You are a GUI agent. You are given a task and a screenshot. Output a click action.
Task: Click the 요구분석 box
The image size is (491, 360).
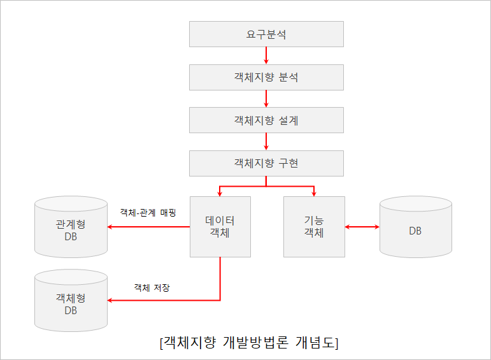point(266,34)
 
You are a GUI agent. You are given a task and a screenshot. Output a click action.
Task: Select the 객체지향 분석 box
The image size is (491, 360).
point(266,77)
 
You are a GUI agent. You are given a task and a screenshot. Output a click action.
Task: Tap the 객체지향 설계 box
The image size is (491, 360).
point(266,120)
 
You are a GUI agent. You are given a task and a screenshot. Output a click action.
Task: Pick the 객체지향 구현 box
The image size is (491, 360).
point(266,163)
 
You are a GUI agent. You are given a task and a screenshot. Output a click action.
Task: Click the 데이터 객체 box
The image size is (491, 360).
point(220,226)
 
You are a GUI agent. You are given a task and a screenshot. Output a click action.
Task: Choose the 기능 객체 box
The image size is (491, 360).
point(314,226)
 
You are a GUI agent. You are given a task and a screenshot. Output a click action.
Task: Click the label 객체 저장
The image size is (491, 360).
point(152,287)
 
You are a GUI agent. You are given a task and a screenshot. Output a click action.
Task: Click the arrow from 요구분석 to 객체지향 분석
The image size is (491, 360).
point(266,55)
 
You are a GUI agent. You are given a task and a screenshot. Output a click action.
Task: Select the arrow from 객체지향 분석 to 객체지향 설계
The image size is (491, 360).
point(266,99)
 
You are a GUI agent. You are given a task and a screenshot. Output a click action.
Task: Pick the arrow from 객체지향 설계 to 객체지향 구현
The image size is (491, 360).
point(266,141)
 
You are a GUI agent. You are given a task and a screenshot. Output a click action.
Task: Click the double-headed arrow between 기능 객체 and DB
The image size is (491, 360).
point(362,226)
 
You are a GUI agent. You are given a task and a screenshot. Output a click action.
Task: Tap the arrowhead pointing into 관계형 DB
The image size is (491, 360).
point(111,226)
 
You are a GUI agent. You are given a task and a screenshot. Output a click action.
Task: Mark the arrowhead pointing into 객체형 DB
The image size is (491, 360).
point(111,299)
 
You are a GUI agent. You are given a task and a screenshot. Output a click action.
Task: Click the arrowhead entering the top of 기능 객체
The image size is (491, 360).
point(314,193)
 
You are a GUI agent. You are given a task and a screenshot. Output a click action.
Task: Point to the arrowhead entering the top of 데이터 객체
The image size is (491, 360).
point(220,193)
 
